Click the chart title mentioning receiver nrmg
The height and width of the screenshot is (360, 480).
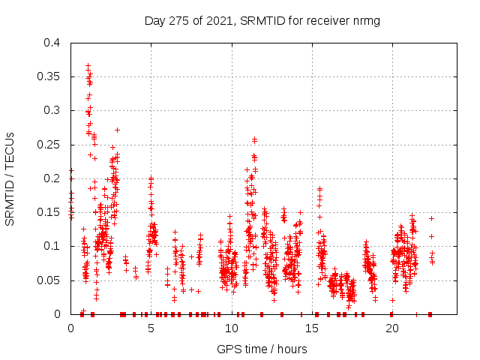[x=262, y=21]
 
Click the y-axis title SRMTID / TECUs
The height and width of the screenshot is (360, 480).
[x=10, y=178]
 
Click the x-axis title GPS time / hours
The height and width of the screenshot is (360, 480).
[x=262, y=349]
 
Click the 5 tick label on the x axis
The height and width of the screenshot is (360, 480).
[x=151, y=328]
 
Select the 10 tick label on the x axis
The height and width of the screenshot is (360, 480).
[x=231, y=328]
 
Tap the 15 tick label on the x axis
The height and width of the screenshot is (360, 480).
[x=312, y=328]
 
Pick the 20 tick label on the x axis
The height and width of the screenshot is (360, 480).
[x=392, y=328]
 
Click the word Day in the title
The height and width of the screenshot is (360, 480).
[x=154, y=21]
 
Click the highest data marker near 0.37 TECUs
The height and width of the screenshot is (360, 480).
[x=88, y=65]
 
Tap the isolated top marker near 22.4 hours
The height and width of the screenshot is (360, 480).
[x=431, y=218]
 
